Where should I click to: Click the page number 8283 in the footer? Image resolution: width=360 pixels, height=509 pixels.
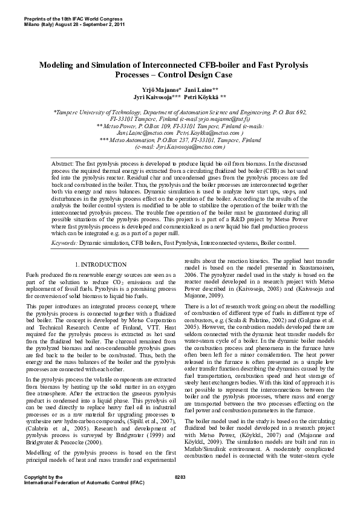click(180, 494)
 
